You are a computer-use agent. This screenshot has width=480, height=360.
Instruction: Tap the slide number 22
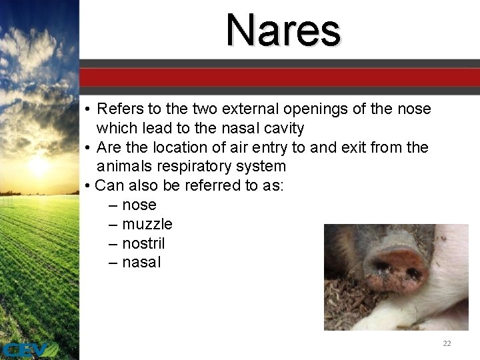point(447,343)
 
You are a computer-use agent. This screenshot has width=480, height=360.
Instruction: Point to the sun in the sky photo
point(38,165)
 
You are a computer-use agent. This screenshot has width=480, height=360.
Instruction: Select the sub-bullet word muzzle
point(147,224)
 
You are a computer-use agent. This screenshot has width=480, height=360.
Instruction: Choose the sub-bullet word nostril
point(143,243)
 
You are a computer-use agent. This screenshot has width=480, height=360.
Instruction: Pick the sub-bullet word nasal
point(141,262)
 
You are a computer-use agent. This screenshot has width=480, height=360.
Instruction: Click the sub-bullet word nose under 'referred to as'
point(139,205)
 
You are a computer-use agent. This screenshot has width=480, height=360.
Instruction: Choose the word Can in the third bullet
point(109,185)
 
